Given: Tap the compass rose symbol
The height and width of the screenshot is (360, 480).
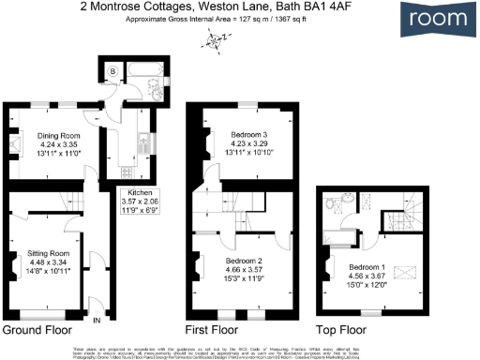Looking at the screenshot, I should tap(217, 40).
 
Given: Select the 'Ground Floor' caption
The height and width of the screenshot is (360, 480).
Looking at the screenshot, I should tap(38, 331).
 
